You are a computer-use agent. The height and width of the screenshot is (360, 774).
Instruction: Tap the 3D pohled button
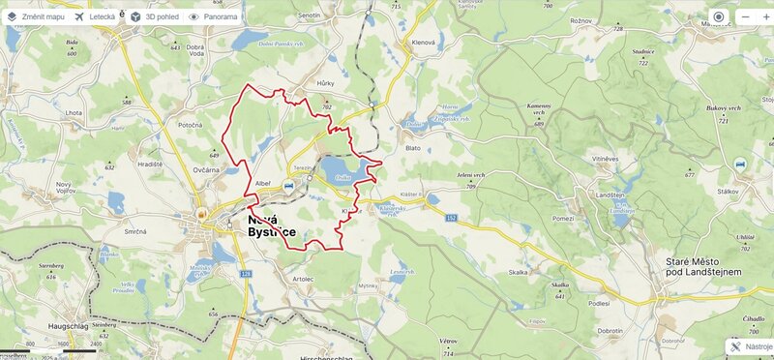coord(154,16)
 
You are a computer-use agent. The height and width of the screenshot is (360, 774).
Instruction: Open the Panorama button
coord(214,16)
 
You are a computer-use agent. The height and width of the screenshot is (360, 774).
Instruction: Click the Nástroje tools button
coord(751,346)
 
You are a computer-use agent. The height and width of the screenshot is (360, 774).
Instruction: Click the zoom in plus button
coord(766,16)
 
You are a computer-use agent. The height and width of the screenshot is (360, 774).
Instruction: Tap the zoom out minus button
coord(745,16)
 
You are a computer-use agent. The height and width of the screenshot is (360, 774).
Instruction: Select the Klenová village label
coord(424,44)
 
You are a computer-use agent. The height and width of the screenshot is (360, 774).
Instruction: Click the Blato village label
coord(413,148)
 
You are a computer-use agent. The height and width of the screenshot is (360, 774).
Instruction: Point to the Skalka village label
coord(518,273)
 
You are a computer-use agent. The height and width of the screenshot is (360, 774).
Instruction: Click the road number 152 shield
coord(451,218)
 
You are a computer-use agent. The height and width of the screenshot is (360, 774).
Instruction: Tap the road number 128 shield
coord(247,275)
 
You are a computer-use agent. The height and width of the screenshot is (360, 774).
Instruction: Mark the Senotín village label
coord(309,16)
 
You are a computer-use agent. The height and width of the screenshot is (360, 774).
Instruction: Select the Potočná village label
coord(190,126)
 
